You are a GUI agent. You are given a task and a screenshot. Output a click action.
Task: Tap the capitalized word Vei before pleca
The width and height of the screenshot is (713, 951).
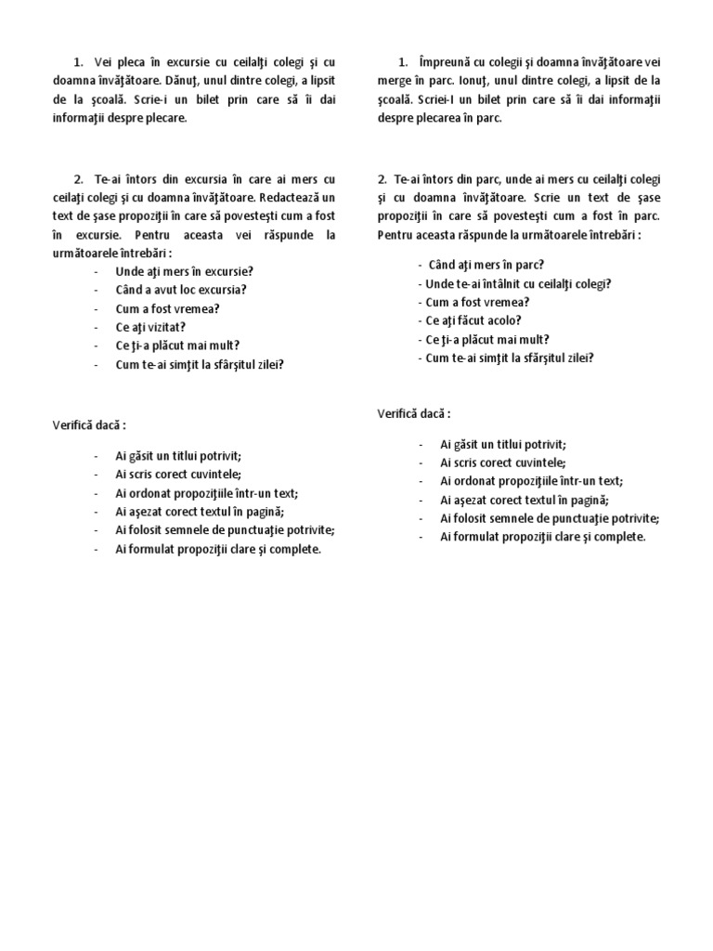[x=103, y=63]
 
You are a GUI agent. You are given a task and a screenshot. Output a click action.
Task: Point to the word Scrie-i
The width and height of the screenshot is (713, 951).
[x=143, y=100]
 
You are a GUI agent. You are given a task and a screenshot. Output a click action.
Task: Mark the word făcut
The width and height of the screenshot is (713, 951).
[x=478, y=320]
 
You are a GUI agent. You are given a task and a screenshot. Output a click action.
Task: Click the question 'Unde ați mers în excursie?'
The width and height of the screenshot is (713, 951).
[x=184, y=271]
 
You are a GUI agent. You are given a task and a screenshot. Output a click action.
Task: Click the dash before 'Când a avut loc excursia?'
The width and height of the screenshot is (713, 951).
[x=97, y=290]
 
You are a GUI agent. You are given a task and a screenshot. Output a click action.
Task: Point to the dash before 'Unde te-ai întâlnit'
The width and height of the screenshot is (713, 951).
[x=420, y=283]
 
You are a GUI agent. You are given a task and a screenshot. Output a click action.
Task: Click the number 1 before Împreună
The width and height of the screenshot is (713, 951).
[x=402, y=63]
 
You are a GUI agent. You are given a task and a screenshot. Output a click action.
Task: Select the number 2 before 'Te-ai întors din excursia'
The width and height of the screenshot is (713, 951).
[x=78, y=179]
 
